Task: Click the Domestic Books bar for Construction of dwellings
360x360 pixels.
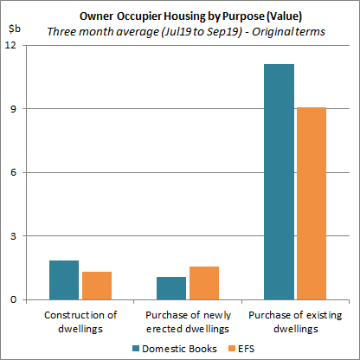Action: pos(64,280)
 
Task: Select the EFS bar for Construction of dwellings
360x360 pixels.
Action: pos(97,286)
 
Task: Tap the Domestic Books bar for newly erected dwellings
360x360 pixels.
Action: pos(171,288)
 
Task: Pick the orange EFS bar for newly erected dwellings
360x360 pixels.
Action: pos(204,283)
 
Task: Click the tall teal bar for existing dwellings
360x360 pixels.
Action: pos(280,182)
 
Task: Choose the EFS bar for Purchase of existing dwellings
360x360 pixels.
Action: pos(312,203)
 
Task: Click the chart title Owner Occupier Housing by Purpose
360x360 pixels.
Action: pos(179,15)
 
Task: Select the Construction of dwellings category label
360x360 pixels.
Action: pos(80,321)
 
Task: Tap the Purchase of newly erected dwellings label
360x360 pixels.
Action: pos(188,321)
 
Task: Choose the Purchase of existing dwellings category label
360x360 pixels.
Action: pos(295,321)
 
